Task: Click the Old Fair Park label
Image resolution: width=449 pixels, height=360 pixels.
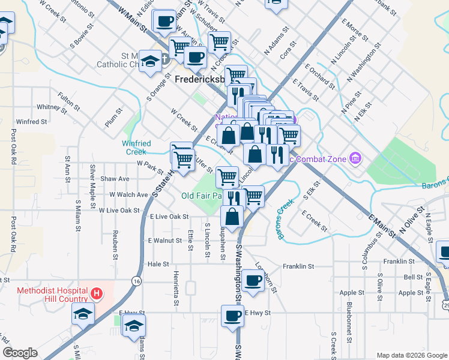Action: pyautogui.click(x=202, y=196)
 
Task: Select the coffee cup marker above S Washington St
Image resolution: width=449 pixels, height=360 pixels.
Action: pyautogui.click(x=253, y=280)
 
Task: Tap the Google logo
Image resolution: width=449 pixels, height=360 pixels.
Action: pyautogui.click(x=20, y=353)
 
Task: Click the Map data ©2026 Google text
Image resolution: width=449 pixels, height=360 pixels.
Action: pyautogui.click(x=411, y=355)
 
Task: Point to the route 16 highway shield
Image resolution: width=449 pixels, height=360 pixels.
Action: pyautogui.click(x=137, y=281)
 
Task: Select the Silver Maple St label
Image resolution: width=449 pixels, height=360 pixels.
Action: pyautogui.click(x=93, y=179)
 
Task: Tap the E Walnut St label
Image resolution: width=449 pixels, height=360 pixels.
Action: pyautogui.click(x=164, y=240)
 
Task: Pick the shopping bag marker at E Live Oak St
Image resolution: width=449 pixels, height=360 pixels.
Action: pyautogui.click(x=232, y=216)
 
